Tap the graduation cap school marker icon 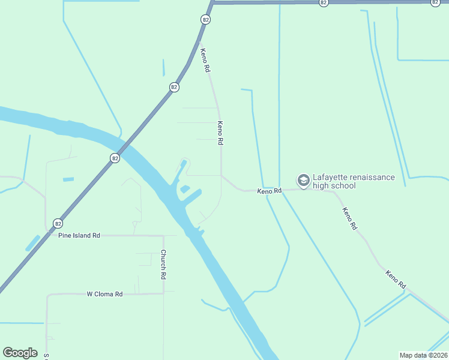click(x=303, y=180)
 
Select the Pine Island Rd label click(x=79, y=236)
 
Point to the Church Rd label click(x=163, y=265)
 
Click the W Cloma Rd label click(x=104, y=294)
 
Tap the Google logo click(x=20, y=352)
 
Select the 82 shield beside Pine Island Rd click(x=58, y=223)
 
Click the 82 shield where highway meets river click(x=115, y=158)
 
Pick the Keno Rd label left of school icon click(x=269, y=191)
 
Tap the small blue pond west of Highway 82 click(x=68, y=179)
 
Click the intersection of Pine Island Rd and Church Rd click(x=163, y=236)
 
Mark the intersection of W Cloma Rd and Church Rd click(x=163, y=293)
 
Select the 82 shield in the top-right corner click(x=435, y=2)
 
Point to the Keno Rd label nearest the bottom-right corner click(x=396, y=280)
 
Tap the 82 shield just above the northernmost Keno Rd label click(x=206, y=20)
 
